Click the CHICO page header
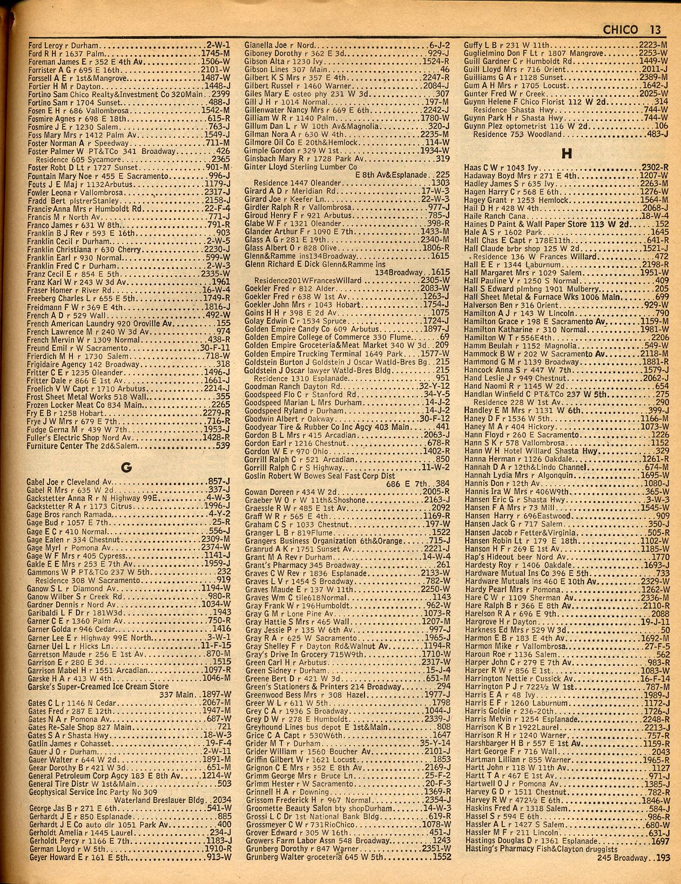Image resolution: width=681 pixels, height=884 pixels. click(620, 30)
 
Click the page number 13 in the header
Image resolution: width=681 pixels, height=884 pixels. click(655, 30)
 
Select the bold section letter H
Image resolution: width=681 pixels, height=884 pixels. click(566, 154)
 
